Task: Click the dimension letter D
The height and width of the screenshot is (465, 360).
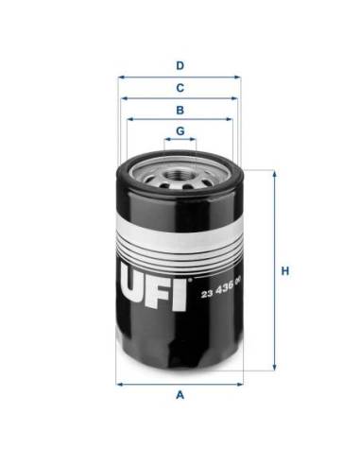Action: tap(180, 65)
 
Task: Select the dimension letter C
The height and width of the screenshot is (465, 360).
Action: tap(180, 88)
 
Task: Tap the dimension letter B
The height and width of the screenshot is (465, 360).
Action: tap(180, 109)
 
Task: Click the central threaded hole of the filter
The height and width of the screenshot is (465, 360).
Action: tap(180, 173)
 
